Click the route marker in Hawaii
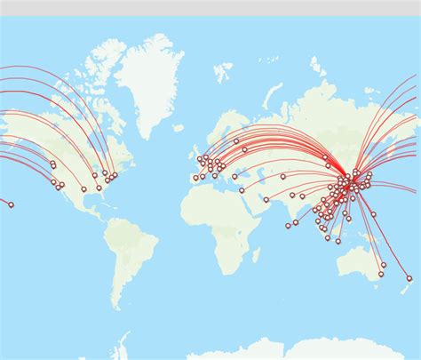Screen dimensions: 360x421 [x=11, y=204]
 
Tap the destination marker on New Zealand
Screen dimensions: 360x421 [x=409, y=278]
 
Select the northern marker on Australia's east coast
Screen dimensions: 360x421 [x=384, y=264]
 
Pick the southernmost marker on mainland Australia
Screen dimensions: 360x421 [x=380, y=274]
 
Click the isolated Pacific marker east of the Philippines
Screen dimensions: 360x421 [x=374, y=213]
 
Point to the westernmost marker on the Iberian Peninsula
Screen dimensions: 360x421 [x=195, y=178]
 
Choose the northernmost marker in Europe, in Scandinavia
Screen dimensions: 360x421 [x=236, y=140]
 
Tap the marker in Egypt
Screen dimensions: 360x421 [x=242, y=189]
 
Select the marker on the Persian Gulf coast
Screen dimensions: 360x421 [x=266, y=198]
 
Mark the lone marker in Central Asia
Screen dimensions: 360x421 [x=283, y=176]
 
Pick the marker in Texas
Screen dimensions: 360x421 [x=84, y=188]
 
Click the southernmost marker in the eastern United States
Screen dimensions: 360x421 [x=99, y=188]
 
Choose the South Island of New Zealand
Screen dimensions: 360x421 [x=403, y=286]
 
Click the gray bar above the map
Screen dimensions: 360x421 [x=210, y=7]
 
